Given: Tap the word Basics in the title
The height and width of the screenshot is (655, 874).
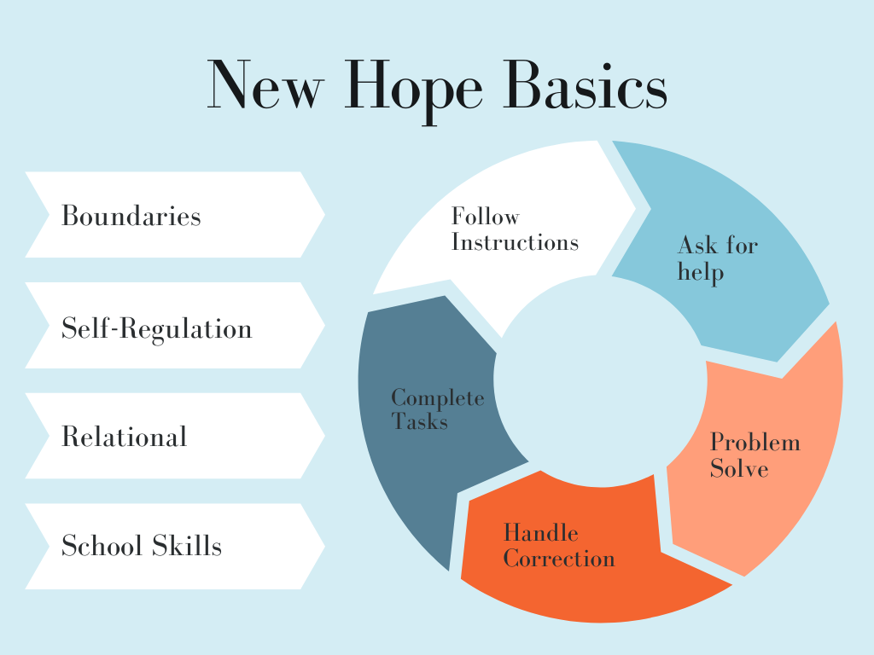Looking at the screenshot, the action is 585,84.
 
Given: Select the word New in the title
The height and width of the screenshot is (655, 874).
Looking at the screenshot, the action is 265,84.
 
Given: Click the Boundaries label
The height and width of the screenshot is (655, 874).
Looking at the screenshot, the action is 131,216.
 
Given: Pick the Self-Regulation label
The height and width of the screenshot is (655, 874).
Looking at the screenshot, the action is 157,328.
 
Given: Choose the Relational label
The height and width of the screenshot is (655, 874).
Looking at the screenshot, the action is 125,436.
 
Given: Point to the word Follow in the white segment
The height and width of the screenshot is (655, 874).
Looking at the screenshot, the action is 486,216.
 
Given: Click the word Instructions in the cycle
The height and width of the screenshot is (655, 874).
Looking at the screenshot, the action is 515,242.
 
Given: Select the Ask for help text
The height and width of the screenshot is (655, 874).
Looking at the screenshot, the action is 718,259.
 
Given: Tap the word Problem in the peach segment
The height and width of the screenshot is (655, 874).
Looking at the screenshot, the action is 755,443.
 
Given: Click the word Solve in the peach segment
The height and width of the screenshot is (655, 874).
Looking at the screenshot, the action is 739,468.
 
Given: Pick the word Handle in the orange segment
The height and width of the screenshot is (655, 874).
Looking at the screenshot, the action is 540,533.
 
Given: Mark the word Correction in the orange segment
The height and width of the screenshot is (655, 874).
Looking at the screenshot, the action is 559,559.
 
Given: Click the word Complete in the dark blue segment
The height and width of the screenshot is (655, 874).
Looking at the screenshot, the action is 438,397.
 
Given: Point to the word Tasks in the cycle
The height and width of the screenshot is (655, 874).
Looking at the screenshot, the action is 420,421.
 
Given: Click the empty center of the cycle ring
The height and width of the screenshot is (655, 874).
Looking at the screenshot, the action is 600,381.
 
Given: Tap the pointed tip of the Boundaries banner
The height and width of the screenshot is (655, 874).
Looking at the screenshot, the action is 324,214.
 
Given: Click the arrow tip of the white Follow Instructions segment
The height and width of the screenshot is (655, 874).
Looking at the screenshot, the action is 636,209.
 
